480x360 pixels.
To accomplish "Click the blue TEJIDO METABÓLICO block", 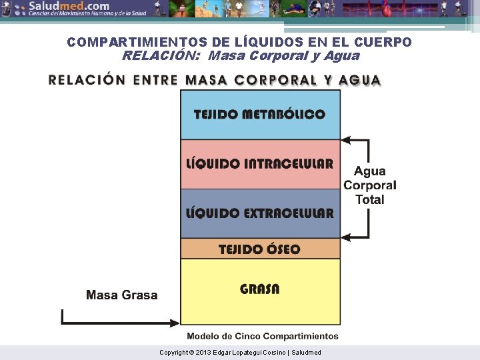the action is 260,115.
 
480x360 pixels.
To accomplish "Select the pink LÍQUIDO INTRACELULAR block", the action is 260,164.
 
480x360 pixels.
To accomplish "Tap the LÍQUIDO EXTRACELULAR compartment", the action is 260,213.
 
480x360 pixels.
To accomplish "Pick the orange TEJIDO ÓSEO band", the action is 260,249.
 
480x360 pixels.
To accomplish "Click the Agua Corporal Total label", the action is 370,185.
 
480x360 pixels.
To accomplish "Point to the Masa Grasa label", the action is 122,295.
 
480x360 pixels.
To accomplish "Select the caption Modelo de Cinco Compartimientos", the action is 263,337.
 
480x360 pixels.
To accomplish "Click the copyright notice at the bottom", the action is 240,352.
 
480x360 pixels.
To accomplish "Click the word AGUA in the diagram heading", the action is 360,80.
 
